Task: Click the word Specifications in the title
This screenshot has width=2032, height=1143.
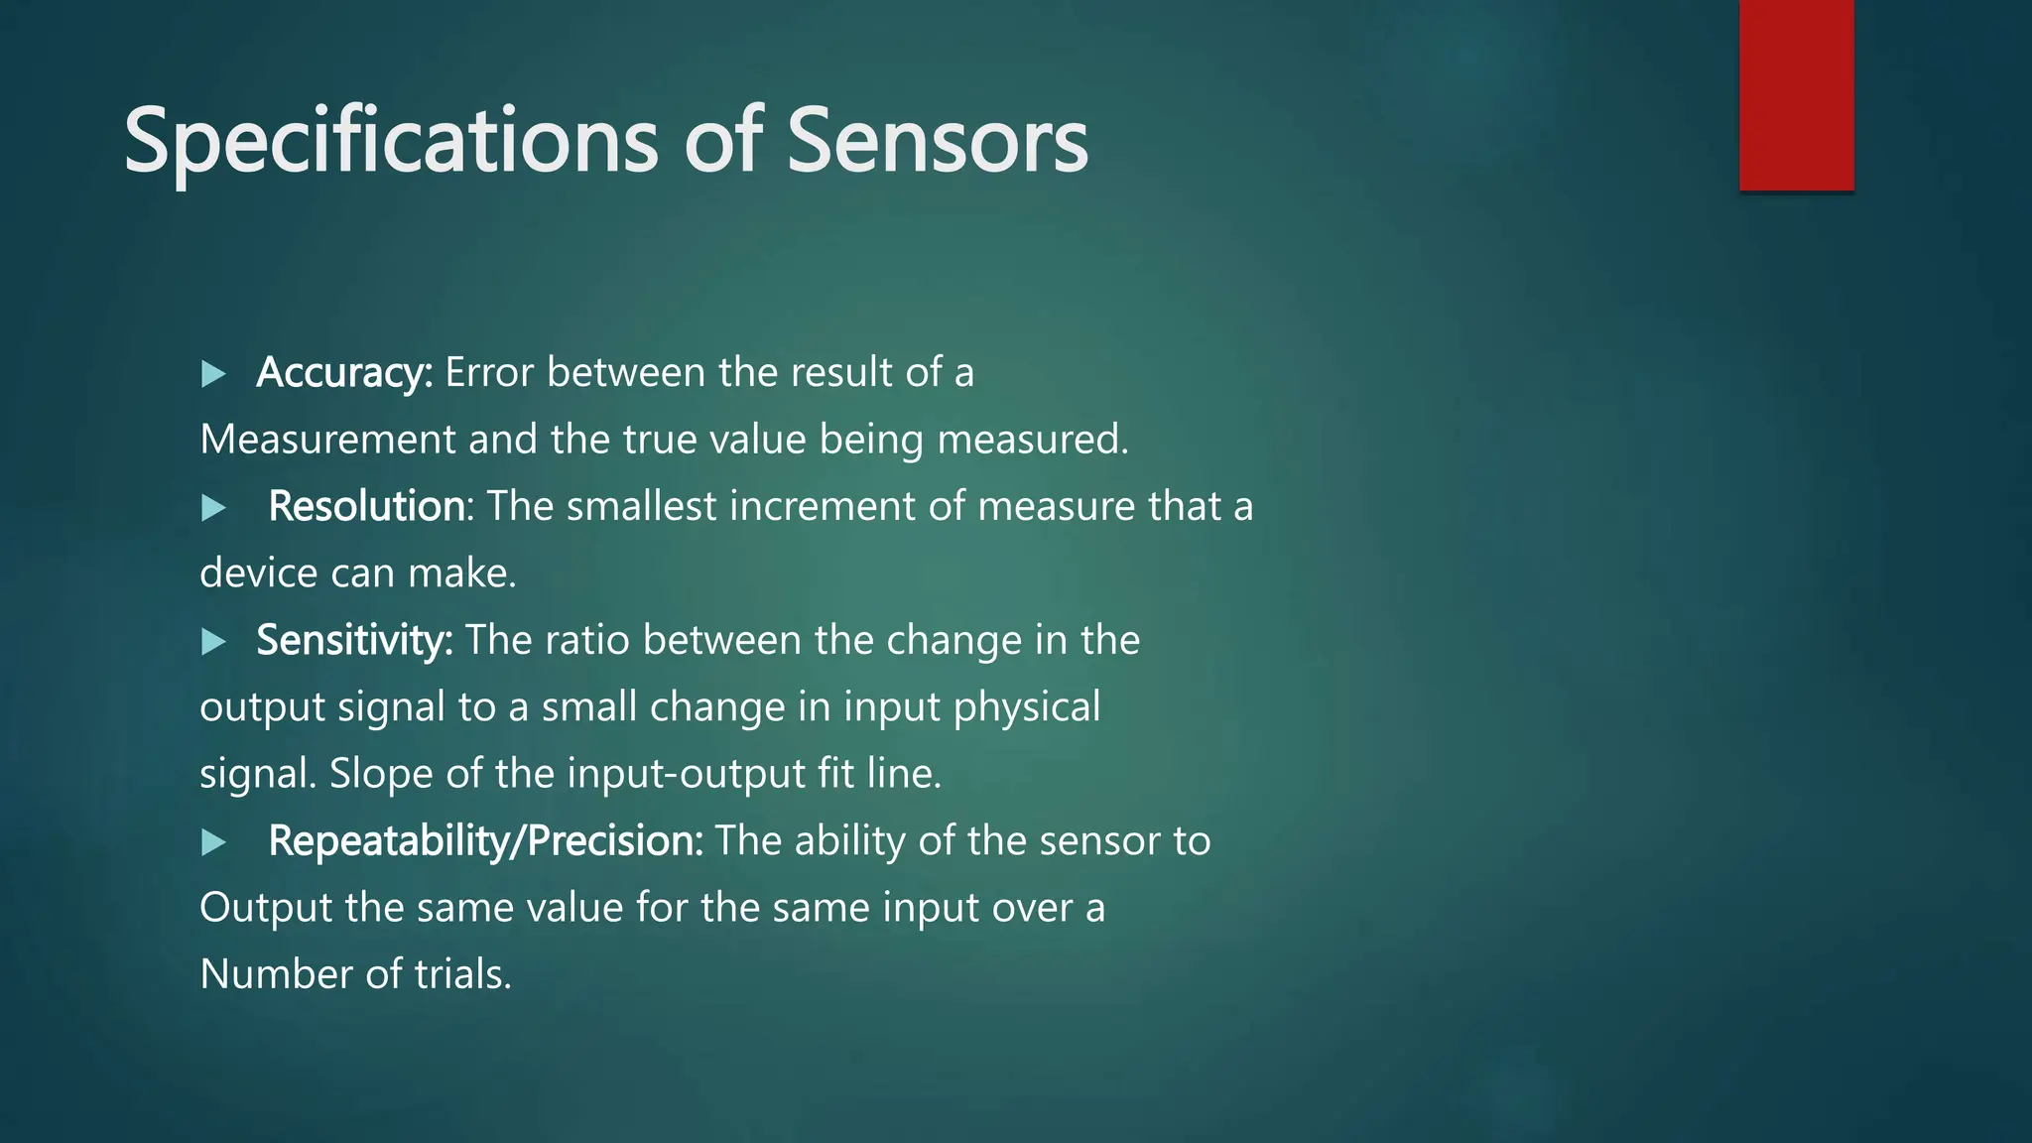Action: tap(391, 142)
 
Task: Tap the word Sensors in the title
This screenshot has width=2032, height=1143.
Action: tap(938, 142)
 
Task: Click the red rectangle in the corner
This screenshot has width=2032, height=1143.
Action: tap(1796, 95)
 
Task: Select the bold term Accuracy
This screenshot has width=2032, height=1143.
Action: tap(344, 373)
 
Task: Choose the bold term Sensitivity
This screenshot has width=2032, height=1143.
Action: tap(354, 640)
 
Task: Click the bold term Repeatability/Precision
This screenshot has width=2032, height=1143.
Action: tap(485, 841)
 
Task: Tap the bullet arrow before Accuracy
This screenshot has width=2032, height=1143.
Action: tap(213, 374)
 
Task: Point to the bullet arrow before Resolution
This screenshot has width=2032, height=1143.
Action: tap(213, 508)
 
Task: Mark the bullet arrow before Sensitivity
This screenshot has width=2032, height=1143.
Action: tap(213, 642)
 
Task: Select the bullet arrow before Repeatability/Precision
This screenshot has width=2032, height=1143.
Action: tap(213, 842)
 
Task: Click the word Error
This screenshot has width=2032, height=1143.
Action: tap(489, 373)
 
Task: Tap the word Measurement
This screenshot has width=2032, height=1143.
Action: tap(327, 440)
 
